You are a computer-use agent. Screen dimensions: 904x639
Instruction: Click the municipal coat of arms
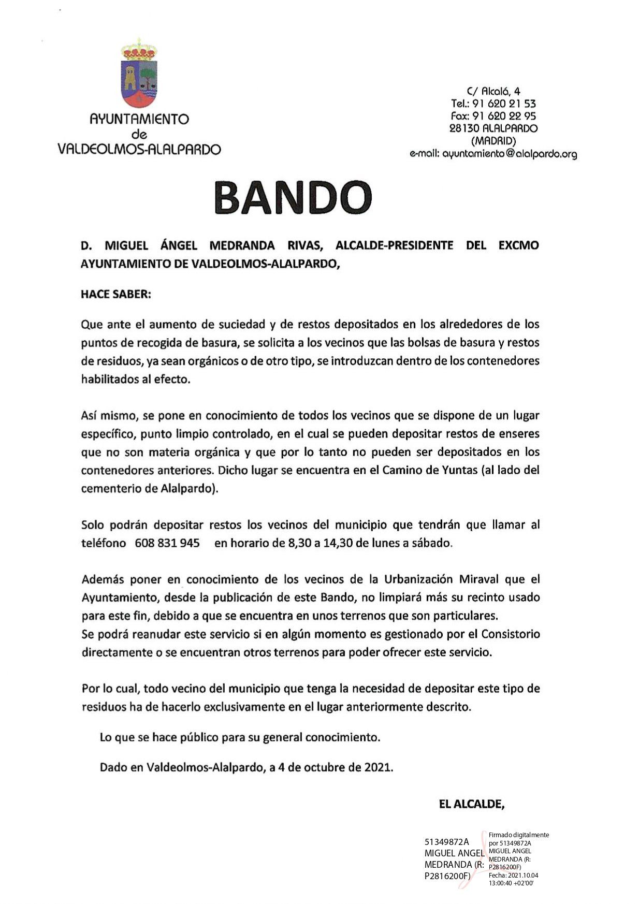(139, 73)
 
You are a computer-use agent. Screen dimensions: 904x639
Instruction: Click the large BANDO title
(293, 197)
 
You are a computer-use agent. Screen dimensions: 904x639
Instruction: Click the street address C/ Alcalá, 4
(493, 92)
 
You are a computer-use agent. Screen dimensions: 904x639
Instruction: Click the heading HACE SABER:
(116, 294)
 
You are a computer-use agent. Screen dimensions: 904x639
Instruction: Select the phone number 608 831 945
(167, 543)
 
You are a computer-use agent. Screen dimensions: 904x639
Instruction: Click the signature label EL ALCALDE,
(471, 804)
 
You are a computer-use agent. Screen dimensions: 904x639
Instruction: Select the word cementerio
(108, 489)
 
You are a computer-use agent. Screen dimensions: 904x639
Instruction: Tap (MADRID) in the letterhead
(493, 141)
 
